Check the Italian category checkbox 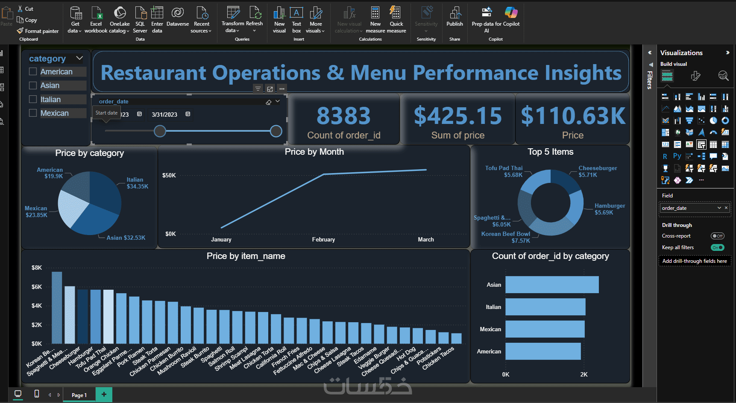tap(33, 100)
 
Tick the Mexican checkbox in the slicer tap(33, 113)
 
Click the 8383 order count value tap(343, 116)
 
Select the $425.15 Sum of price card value tap(457, 116)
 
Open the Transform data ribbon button tap(233, 20)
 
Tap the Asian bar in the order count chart tap(551, 285)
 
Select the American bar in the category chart tap(542, 351)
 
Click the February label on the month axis tap(323, 240)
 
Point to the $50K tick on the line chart tap(169, 176)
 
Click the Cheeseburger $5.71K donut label tap(597, 171)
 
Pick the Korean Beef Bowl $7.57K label tap(506, 237)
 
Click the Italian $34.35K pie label tap(137, 183)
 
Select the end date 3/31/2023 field tap(164, 115)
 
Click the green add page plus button tap(104, 394)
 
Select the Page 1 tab tap(79, 395)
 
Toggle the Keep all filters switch tap(717, 247)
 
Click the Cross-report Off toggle tap(717, 236)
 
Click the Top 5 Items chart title tap(550, 152)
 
